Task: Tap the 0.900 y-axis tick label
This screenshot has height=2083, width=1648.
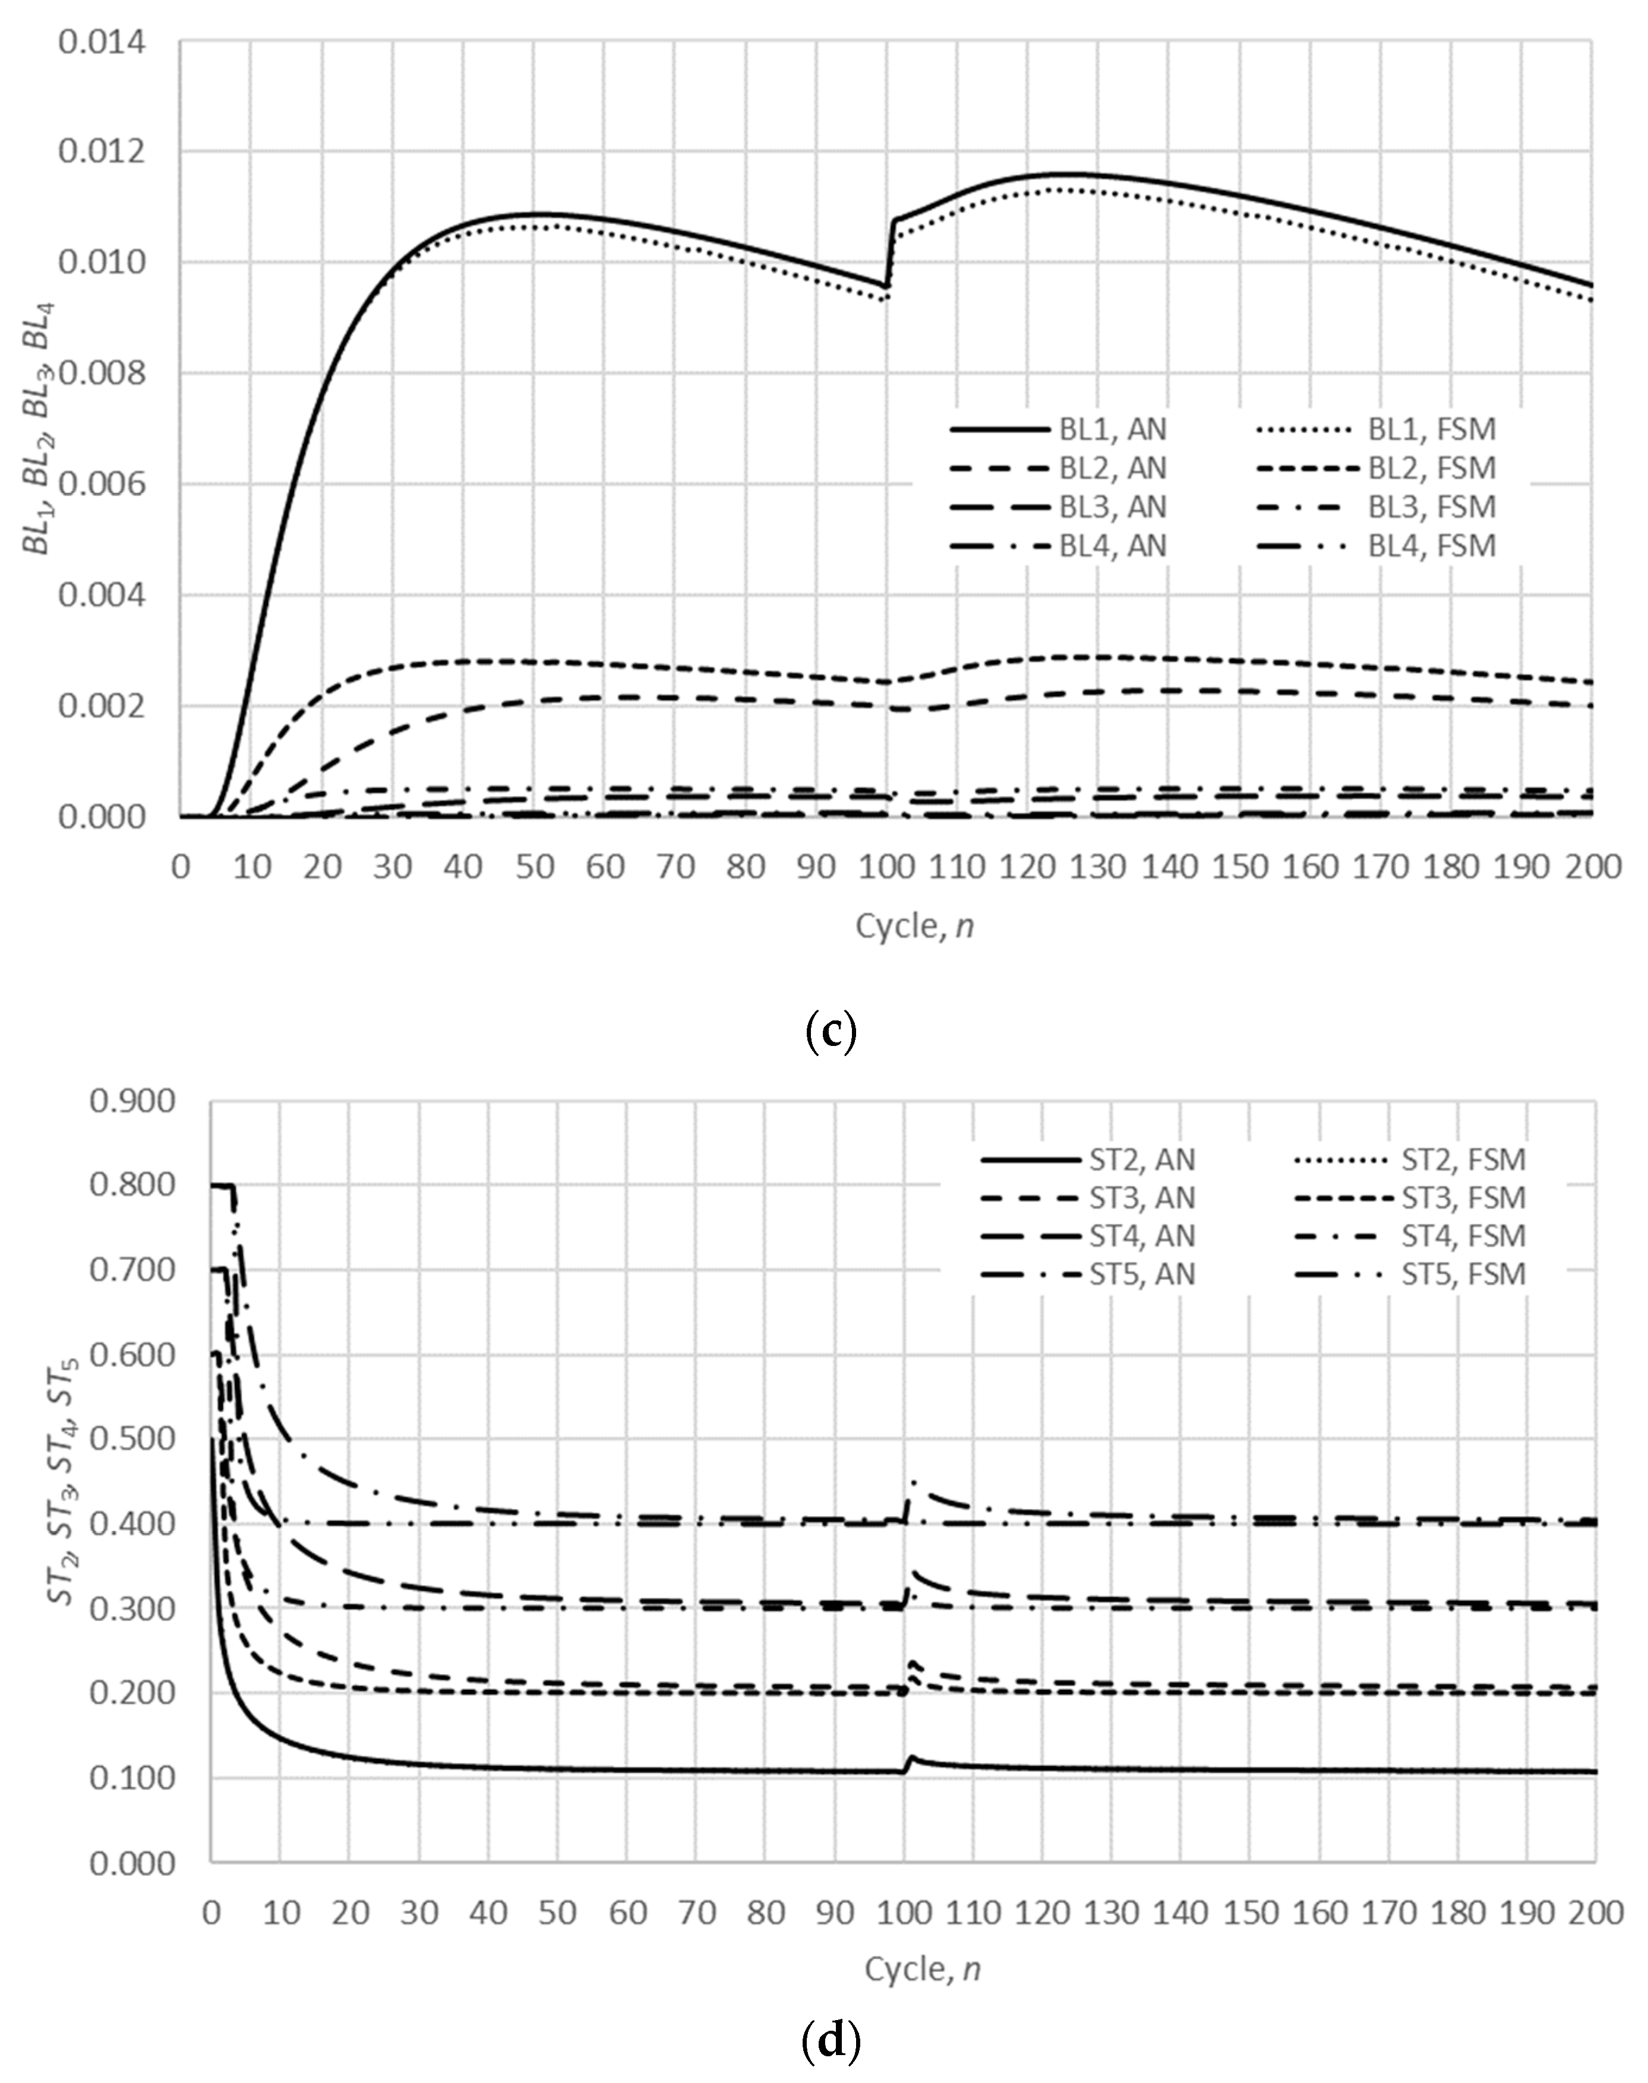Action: [132, 1101]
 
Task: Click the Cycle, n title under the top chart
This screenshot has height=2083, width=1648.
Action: [915, 926]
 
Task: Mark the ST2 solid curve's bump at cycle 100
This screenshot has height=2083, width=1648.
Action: [911, 1758]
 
